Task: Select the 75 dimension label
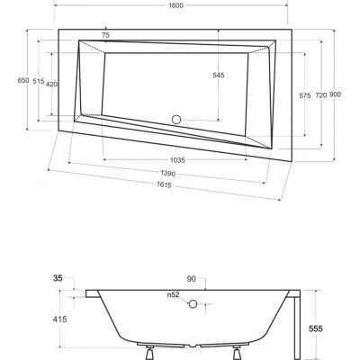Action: click(x=105, y=35)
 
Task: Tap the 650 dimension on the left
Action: click(x=11, y=80)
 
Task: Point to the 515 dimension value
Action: click(x=39, y=81)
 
